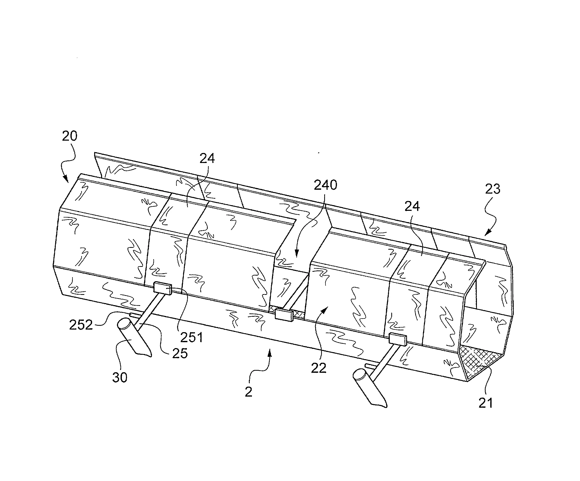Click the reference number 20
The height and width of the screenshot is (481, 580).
70,136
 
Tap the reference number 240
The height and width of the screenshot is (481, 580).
325,185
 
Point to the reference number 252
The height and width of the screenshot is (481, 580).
81,325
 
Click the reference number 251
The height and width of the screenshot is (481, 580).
192,337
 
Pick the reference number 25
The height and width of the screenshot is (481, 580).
180,353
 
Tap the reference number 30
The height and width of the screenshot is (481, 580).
120,377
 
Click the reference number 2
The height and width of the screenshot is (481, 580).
248,392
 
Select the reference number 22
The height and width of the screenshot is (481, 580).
319,368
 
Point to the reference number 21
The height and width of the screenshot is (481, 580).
486,403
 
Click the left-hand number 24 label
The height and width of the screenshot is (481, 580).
207,159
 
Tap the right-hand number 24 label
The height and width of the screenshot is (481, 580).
412,206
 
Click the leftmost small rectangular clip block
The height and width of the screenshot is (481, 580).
163,288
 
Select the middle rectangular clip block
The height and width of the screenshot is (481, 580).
284,315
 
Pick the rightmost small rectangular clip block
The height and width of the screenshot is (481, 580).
398,339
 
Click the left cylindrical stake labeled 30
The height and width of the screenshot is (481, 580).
134,337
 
